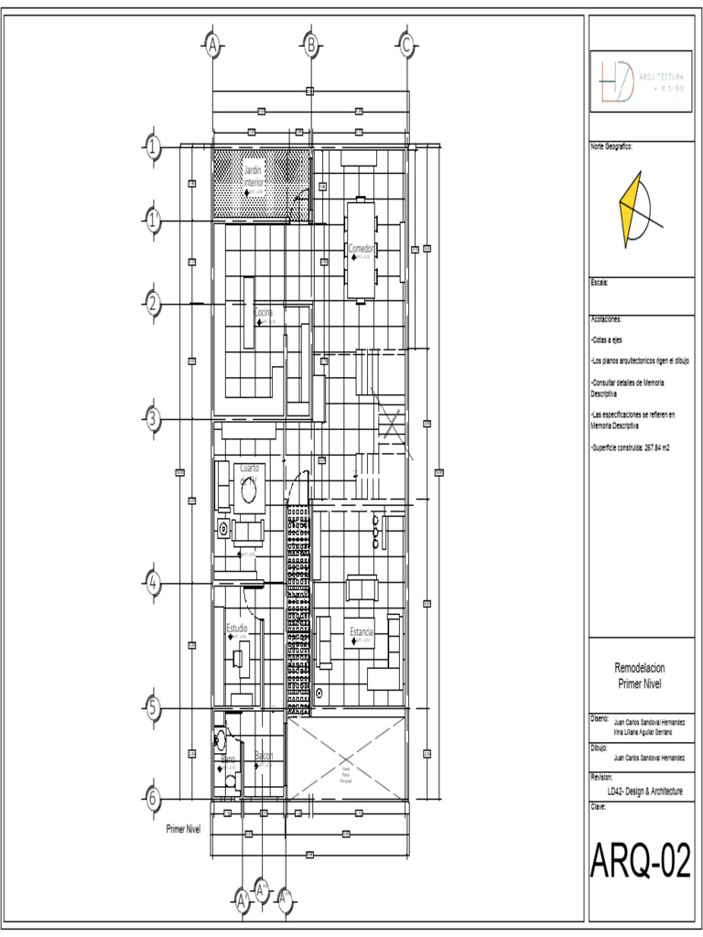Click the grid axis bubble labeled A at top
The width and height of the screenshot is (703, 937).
[212, 44]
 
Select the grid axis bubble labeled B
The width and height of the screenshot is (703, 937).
[310, 44]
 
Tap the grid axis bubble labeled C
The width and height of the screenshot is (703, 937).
[406, 44]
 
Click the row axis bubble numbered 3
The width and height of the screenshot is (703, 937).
[153, 419]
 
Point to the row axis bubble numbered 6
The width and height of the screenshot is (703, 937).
[153, 798]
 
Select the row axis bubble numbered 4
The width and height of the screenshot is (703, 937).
[153, 583]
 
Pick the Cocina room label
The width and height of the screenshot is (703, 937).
[264, 313]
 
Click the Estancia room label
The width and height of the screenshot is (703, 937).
[362, 632]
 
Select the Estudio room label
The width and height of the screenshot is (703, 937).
[237, 629]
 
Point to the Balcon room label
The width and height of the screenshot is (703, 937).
[264, 756]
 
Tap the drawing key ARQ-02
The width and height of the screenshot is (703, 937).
[640, 862]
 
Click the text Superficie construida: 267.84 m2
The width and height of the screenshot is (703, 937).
[632, 448]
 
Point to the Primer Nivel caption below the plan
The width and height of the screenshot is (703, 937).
[183, 829]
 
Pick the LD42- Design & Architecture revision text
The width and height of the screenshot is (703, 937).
[638, 792]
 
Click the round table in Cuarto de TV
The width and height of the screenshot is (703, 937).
[248, 494]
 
